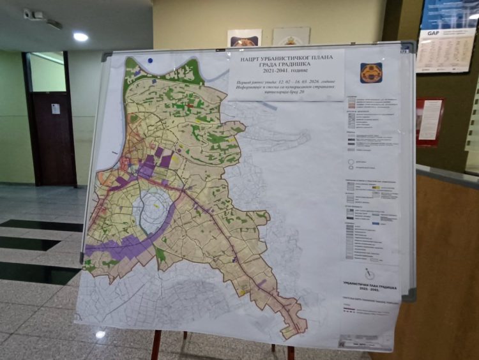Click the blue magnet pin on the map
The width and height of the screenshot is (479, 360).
(x=150, y=61)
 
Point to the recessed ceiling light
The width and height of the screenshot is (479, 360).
(x=80, y=37)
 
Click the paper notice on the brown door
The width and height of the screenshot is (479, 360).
(x=56, y=109)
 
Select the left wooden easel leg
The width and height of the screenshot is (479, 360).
(x=156, y=345)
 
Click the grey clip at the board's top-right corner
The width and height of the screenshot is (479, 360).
(x=407, y=47)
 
